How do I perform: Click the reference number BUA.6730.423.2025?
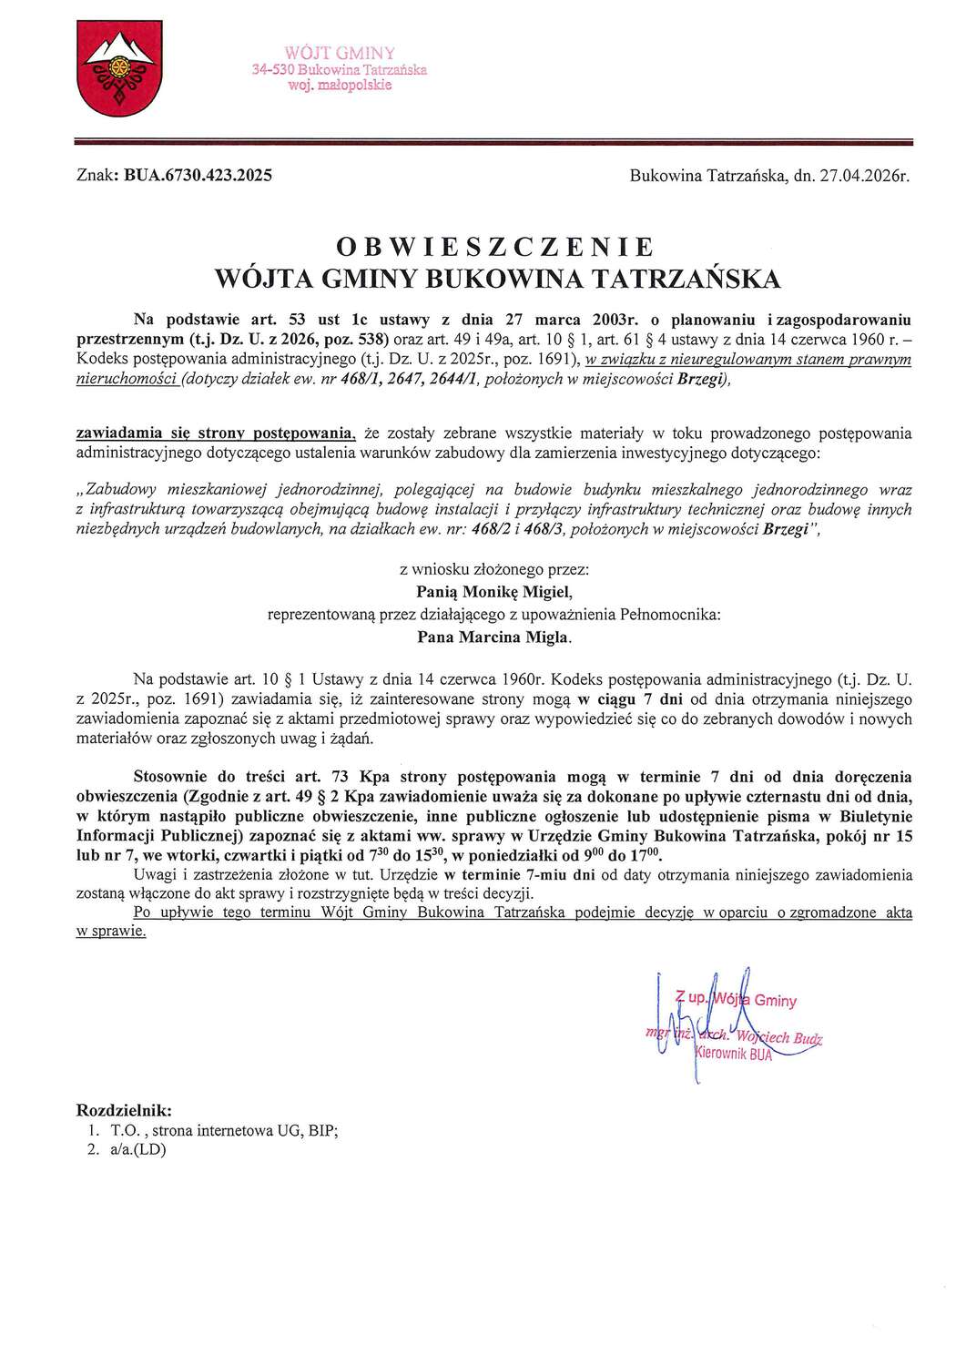point(198,176)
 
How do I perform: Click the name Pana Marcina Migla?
point(493,637)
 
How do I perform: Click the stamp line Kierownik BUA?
point(734,1054)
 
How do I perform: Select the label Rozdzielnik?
point(124,1111)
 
